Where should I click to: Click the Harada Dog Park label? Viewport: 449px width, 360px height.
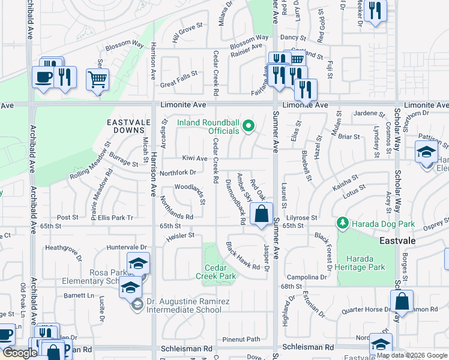pos(383,224)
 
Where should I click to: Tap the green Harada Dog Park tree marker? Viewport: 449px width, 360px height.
pos(343,224)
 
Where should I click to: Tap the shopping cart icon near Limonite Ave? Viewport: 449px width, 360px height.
pos(97,79)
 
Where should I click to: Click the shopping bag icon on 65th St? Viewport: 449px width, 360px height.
pos(261,214)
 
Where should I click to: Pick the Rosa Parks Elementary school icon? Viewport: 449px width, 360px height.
pos(138,264)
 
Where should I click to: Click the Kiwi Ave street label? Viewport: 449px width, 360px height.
pos(194,158)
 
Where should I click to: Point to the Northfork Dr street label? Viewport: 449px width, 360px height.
pos(178,173)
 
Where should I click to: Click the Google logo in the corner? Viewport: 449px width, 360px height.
pos(20,353)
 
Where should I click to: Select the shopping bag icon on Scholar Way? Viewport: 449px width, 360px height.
pos(402,302)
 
